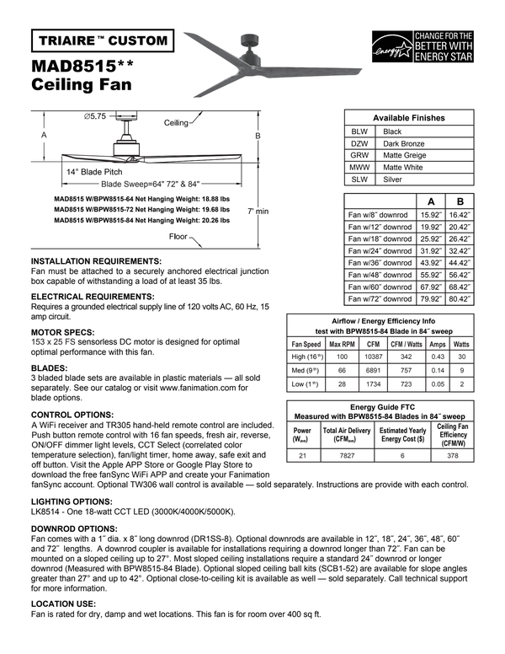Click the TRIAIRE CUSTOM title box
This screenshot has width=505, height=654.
pos(102,40)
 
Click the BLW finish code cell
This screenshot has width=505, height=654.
pos(359,131)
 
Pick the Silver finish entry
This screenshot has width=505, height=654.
pos(392,180)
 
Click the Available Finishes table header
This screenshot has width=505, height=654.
pos(409,118)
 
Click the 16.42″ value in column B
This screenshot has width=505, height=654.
pos(460,215)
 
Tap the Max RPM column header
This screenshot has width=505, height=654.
pos(342,344)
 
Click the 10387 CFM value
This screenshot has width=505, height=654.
pos(373,357)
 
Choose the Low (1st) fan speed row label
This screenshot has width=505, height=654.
pos(306,383)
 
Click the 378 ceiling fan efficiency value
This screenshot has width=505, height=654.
pos(453,455)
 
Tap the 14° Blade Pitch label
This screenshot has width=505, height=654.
pos(94,171)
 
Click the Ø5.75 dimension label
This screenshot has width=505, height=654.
pos(94,116)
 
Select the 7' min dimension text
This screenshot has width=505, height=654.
pos(258,211)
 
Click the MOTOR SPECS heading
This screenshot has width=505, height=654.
pos(63,333)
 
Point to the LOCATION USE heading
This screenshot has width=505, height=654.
pos(63,603)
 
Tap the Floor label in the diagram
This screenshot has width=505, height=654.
pos(178,237)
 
